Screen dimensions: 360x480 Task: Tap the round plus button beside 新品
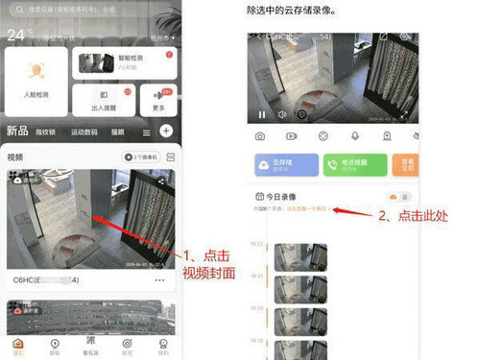point(166,131)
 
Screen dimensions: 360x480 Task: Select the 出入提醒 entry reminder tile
point(103,100)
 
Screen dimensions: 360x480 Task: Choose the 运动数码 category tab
point(84,132)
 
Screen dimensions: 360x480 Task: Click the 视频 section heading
point(15,156)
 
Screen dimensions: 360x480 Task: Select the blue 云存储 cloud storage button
point(283,165)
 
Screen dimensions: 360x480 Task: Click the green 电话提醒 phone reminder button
point(351,165)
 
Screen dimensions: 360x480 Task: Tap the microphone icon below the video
point(354,136)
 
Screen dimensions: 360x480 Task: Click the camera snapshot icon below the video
point(260,136)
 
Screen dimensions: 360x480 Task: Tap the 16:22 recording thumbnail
point(293,256)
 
